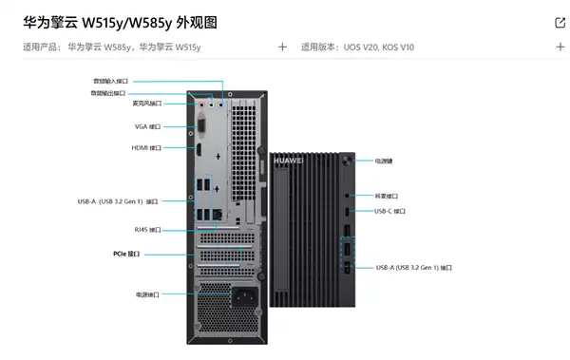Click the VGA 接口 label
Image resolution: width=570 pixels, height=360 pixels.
click(x=147, y=126)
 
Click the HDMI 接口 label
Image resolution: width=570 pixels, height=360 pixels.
click(x=146, y=148)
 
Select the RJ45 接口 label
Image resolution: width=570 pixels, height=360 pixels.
click(x=147, y=230)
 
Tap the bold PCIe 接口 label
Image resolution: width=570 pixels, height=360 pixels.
click(x=125, y=254)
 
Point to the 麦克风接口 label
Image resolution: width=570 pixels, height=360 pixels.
click(x=146, y=104)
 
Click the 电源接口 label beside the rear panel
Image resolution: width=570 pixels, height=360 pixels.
click(x=147, y=294)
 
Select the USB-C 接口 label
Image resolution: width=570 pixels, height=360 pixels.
click(x=389, y=211)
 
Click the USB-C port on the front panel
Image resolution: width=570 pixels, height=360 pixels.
click(x=348, y=211)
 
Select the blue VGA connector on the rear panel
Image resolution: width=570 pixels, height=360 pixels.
click(x=201, y=123)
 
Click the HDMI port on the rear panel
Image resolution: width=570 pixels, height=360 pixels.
click(x=201, y=149)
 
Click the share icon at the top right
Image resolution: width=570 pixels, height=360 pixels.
click(x=560, y=23)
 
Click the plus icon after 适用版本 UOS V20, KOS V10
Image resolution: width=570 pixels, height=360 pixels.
click(x=560, y=47)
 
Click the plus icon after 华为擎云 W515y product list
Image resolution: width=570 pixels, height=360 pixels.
click(x=282, y=47)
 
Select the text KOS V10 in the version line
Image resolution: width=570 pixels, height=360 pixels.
click(x=397, y=47)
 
